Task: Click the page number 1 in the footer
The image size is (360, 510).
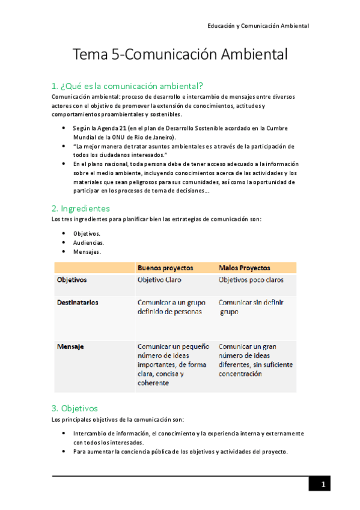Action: tap(323, 485)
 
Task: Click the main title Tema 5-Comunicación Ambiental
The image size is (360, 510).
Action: tap(180, 55)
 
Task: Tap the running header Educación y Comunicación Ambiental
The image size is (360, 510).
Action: tap(258, 26)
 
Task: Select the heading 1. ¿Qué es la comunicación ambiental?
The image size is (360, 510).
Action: tap(127, 85)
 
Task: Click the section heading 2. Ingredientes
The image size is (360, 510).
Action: tap(81, 208)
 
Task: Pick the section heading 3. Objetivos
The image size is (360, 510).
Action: tap(75, 408)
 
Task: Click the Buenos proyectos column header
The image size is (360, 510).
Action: tap(165, 268)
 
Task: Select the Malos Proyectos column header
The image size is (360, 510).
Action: tap(244, 268)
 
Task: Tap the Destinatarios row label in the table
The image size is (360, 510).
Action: tap(78, 303)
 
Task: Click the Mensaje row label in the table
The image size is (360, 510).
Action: tap(70, 346)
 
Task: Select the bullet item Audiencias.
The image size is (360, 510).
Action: tap(88, 242)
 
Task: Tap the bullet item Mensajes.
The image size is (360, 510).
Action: tap(87, 252)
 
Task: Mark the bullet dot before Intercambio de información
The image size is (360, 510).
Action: tap(64, 433)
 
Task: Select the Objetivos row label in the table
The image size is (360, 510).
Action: tap(72, 280)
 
